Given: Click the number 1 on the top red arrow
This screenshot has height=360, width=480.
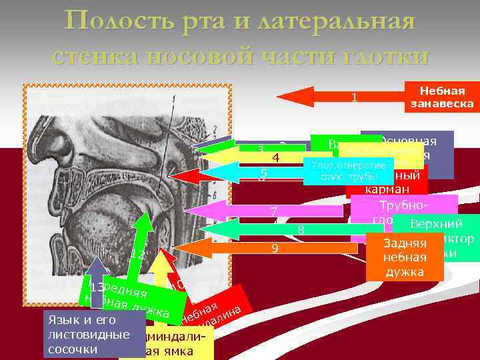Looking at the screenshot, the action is (355, 97).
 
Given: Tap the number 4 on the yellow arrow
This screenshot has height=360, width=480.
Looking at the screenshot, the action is (274, 159).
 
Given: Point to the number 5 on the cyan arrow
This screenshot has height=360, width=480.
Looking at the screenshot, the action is (263, 175).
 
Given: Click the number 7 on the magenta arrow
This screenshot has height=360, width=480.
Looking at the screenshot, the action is (273, 212).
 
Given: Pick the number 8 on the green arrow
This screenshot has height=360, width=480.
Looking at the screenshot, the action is (301, 230).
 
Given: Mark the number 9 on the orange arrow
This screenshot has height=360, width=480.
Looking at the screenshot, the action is (274, 249).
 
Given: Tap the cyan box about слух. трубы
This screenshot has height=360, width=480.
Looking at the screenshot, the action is (344, 171).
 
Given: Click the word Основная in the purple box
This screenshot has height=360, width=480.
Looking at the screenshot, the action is (407, 141).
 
